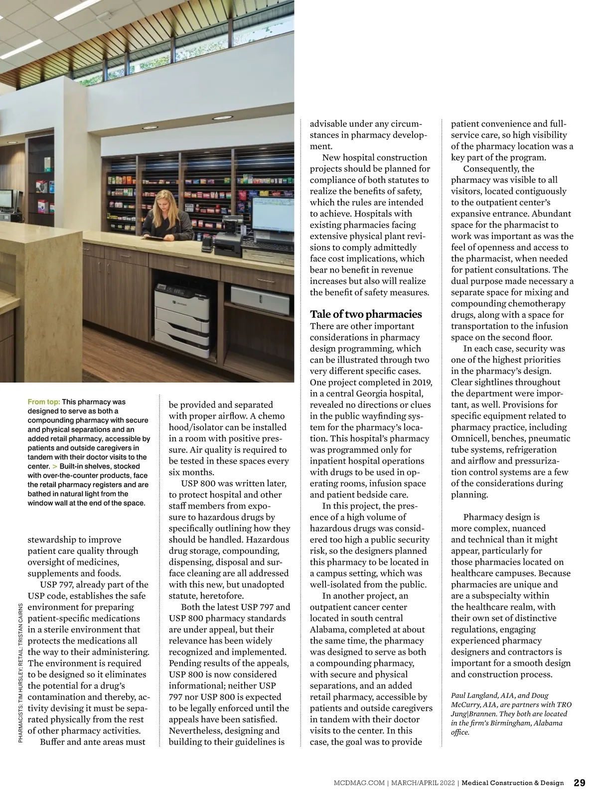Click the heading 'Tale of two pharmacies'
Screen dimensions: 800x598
366,314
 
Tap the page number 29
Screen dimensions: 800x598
580,783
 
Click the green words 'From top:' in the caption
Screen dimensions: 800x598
44,401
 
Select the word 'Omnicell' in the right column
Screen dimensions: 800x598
470,438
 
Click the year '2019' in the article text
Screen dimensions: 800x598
422,382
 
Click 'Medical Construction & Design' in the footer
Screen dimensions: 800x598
513,783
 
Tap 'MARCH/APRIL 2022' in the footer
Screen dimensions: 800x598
423,783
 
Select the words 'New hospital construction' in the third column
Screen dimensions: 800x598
375,157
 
